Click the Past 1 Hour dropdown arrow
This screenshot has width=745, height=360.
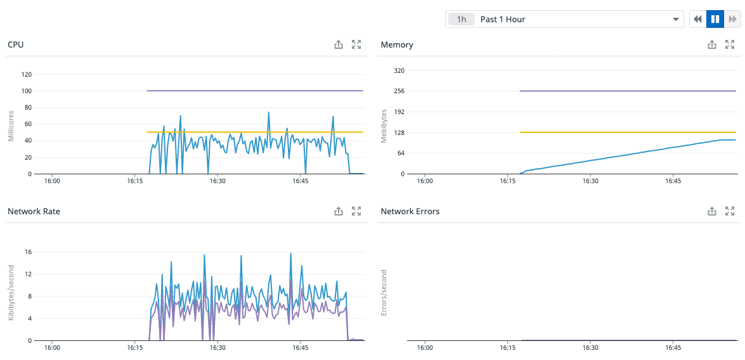675,19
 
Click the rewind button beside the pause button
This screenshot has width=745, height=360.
698,19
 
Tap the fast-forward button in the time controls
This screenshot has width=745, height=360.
732,19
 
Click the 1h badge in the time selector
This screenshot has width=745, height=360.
462,19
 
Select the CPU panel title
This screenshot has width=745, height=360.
16,44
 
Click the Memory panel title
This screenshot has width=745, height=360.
397,44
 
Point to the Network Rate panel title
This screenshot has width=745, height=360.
34,211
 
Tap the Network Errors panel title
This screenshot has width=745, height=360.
410,211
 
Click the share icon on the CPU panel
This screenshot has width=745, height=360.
339,44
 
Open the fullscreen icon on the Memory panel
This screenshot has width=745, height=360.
730,44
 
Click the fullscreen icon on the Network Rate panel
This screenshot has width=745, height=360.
356,211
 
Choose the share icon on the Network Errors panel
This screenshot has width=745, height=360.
712,211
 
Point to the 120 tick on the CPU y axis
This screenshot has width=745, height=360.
26,74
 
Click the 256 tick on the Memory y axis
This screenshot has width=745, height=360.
399,91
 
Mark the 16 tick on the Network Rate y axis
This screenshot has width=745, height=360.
28,252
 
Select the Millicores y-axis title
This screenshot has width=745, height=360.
11,124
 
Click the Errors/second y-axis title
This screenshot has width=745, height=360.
384,293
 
